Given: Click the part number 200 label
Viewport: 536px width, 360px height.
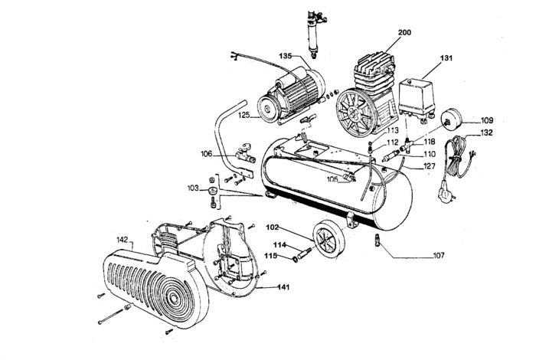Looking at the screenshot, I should tap(405, 34).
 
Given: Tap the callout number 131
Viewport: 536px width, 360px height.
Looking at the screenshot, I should tap(447, 58).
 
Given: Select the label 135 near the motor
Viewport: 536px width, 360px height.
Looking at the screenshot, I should tap(286, 57).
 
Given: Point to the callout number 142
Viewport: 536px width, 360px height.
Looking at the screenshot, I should tap(121, 241).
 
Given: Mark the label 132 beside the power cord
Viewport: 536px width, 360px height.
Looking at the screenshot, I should tap(485, 133).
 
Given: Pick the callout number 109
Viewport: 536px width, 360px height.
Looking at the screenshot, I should tap(486, 120).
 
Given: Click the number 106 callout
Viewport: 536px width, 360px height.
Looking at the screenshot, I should tap(207, 154).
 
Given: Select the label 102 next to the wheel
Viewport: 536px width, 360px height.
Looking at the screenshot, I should tap(273, 227).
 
